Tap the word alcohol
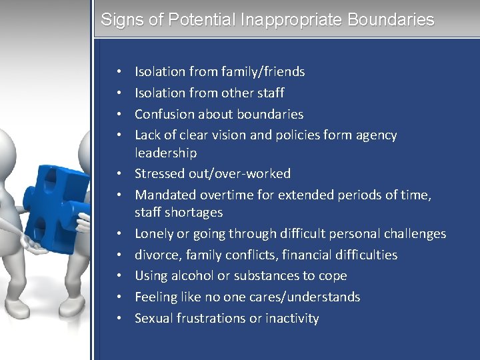point(193,275)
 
